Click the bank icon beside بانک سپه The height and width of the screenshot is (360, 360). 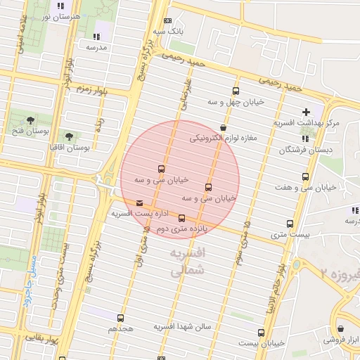[x=167, y=21]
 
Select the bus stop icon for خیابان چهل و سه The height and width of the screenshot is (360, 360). [x=235, y=91]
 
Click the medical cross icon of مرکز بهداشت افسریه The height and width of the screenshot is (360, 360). [x=306, y=112]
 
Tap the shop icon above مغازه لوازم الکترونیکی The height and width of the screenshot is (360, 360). [x=223, y=128]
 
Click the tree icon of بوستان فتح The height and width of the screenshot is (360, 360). [x=30, y=120]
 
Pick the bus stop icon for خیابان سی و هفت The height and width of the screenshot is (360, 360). [x=305, y=177]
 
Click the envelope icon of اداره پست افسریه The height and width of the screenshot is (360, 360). [x=139, y=203]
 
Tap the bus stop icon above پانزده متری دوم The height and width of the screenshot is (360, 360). [x=181, y=219]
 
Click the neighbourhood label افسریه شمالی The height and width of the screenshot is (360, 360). [x=186, y=260]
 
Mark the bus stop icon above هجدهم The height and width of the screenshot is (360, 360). [x=121, y=318]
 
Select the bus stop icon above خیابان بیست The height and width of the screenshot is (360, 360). [x=261, y=332]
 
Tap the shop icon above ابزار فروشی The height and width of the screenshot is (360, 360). [x=341, y=328]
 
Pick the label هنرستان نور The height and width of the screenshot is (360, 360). [x=67, y=15]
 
